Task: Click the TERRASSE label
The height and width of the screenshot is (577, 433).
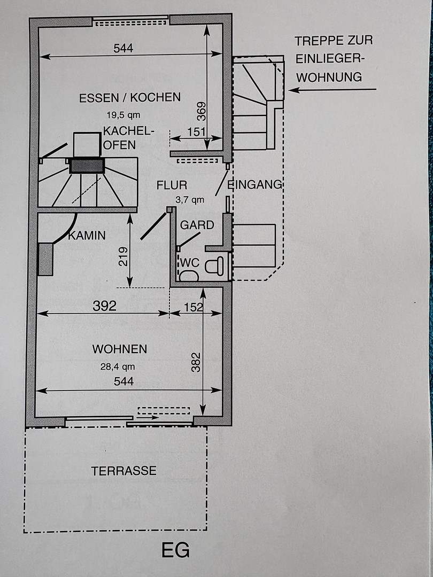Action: [123, 471]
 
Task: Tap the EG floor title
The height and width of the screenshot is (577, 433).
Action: [176, 550]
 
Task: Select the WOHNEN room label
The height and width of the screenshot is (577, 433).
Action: [120, 349]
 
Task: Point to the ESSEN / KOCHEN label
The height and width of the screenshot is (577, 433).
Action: [130, 97]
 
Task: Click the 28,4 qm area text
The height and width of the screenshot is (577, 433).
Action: [118, 367]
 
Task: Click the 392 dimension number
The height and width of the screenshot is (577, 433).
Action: [104, 306]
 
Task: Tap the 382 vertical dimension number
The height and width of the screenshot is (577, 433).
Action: [196, 362]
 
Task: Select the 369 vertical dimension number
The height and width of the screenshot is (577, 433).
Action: [201, 111]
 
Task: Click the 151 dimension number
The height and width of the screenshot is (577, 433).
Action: [196, 132]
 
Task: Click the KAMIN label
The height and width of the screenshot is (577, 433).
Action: [87, 236]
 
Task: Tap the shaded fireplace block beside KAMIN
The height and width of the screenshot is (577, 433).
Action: [45, 259]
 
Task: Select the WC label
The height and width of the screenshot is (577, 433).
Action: [190, 263]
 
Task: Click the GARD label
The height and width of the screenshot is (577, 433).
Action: [197, 225]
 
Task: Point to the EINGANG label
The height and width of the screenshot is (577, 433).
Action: [255, 184]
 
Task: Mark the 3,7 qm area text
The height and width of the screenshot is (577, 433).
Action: [190, 200]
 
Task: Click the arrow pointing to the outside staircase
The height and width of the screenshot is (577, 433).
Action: [333, 89]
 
